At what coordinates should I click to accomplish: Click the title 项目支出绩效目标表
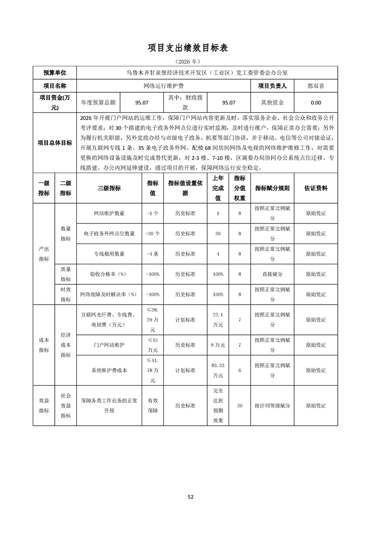click(x=190, y=48)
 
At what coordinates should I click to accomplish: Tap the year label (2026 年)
click(x=190, y=61)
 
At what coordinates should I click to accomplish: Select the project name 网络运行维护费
click(x=163, y=86)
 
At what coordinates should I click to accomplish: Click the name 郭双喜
click(x=316, y=86)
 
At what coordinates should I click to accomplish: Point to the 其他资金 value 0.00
click(x=316, y=102)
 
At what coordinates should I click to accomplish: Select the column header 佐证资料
click(x=316, y=188)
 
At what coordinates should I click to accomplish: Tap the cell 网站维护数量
click(x=109, y=213)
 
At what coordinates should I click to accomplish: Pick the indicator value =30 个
click(x=153, y=233)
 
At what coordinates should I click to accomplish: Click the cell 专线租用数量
click(x=109, y=254)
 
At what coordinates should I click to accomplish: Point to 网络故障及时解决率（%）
click(x=109, y=294)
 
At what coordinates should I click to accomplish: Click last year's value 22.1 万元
click(x=218, y=319)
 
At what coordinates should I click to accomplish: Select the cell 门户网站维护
click(x=109, y=345)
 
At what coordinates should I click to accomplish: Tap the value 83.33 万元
click(x=218, y=370)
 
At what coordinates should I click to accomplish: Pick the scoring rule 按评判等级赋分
click(x=272, y=405)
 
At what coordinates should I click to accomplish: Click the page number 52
click(x=190, y=497)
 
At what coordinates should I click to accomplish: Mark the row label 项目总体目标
click(x=55, y=143)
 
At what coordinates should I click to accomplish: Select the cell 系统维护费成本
click(x=109, y=370)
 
